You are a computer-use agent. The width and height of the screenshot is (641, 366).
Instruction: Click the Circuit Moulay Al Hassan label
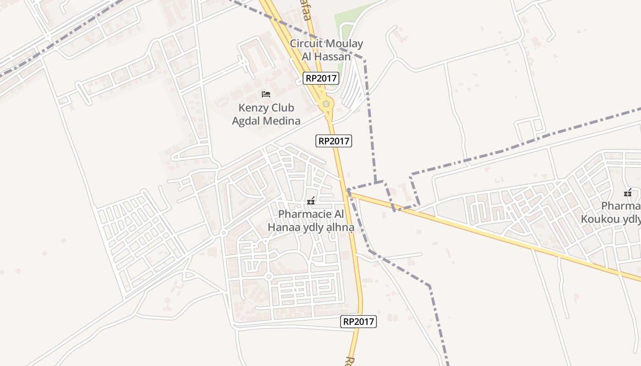click(x=326, y=50)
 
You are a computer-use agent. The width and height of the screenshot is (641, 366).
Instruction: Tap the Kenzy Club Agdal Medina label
click(x=266, y=114)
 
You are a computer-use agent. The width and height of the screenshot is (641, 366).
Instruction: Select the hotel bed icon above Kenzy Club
click(x=266, y=94)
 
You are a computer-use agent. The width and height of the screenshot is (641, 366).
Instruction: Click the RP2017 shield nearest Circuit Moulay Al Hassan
click(x=321, y=78)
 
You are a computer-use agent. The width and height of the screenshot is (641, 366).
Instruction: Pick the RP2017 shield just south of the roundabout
click(x=334, y=141)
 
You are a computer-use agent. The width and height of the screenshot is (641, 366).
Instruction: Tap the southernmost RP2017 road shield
click(x=359, y=322)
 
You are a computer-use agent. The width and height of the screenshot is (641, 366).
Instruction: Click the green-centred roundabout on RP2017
click(x=326, y=104)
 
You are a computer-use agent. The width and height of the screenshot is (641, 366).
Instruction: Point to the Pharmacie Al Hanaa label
click(x=311, y=221)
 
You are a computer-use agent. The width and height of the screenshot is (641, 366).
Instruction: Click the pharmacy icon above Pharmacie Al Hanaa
click(x=311, y=200)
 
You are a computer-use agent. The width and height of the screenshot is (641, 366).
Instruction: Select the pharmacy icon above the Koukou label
click(x=628, y=193)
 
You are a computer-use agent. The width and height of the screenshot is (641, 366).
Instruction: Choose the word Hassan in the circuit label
click(x=332, y=57)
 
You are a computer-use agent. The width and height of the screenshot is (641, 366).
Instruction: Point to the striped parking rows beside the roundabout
click(x=353, y=87)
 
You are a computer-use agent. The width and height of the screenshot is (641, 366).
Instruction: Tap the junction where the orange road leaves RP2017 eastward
click(x=348, y=191)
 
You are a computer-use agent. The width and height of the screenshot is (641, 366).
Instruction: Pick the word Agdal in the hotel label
click(x=249, y=121)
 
